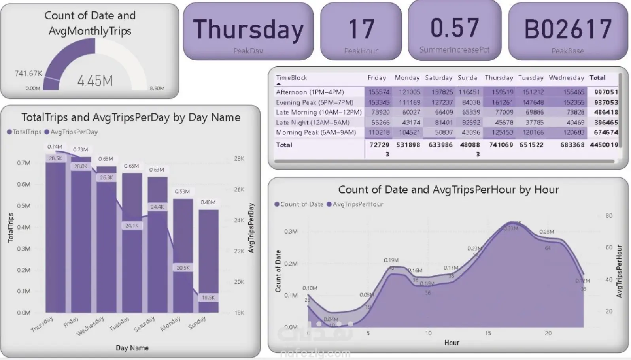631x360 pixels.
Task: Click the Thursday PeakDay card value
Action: coord(248,30)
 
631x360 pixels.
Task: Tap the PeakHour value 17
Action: coord(361,29)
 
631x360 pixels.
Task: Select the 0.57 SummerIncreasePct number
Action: coord(454,28)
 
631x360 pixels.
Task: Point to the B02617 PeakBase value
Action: coord(568,29)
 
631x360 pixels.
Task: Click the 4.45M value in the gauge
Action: coord(95,81)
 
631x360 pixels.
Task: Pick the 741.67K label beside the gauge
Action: coord(28,74)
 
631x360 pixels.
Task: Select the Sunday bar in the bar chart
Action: coord(208,261)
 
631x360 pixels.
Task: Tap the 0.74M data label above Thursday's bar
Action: coord(55,147)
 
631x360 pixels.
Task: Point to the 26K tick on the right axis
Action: coord(239,189)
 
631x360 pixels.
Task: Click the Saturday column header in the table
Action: coord(438,78)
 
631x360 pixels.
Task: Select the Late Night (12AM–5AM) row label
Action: coord(312,123)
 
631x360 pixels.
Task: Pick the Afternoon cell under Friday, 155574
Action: coord(379,92)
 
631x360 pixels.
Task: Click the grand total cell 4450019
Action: coord(604,145)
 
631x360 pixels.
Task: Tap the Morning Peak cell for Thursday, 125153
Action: coord(503,132)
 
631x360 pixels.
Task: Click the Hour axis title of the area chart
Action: coord(452,343)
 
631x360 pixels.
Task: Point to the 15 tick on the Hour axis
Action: coord(488,333)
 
